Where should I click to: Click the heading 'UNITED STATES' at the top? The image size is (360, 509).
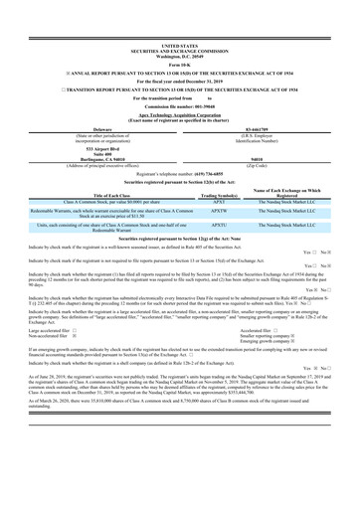[x=179, y=18]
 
